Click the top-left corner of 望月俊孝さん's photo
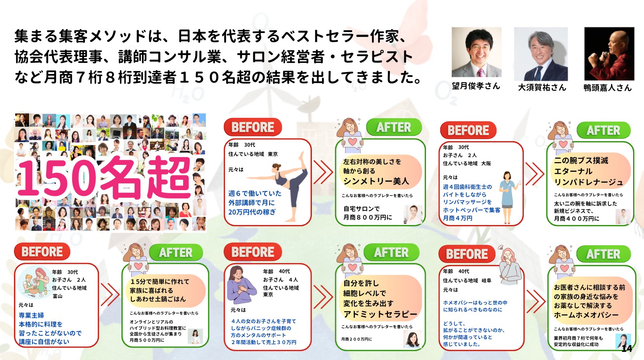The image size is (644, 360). pyautogui.click(x=452, y=27)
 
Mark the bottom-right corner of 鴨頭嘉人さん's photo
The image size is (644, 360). pyautogui.click(x=634, y=80)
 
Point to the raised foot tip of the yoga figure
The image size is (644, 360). pyautogui.click(x=301, y=153)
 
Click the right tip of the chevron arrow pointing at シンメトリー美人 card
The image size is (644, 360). pyautogui.click(x=332, y=173)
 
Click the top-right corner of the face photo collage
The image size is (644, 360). pyautogui.click(x=206, y=114)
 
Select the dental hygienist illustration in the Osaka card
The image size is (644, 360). pyautogui.click(x=508, y=197)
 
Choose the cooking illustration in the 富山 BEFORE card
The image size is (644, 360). pyautogui.click(x=34, y=282)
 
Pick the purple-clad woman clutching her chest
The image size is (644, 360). pyautogui.click(x=241, y=285)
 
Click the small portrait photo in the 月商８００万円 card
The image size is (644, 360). pyautogui.click(x=413, y=215)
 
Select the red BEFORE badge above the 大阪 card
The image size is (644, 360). pyautogui.click(x=468, y=130)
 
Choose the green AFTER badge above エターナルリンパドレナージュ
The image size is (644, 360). pyautogui.click(x=603, y=131)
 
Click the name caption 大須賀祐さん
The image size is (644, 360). pyautogui.click(x=542, y=87)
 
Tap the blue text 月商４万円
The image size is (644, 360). pyautogui.click(x=457, y=218)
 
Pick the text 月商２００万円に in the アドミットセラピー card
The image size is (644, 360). pyautogui.click(x=357, y=339)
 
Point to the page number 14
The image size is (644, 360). pyautogui.click(x=627, y=348)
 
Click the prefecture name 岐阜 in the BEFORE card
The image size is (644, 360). pyautogui.click(x=486, y=280)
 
